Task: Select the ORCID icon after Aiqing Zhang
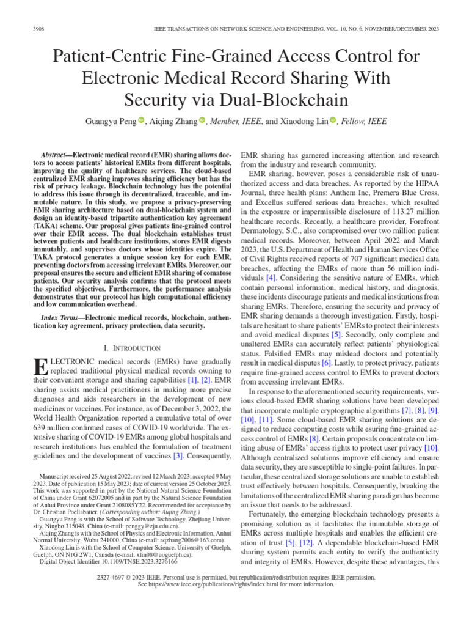[203, 121]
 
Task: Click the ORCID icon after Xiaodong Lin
[333, 121]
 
